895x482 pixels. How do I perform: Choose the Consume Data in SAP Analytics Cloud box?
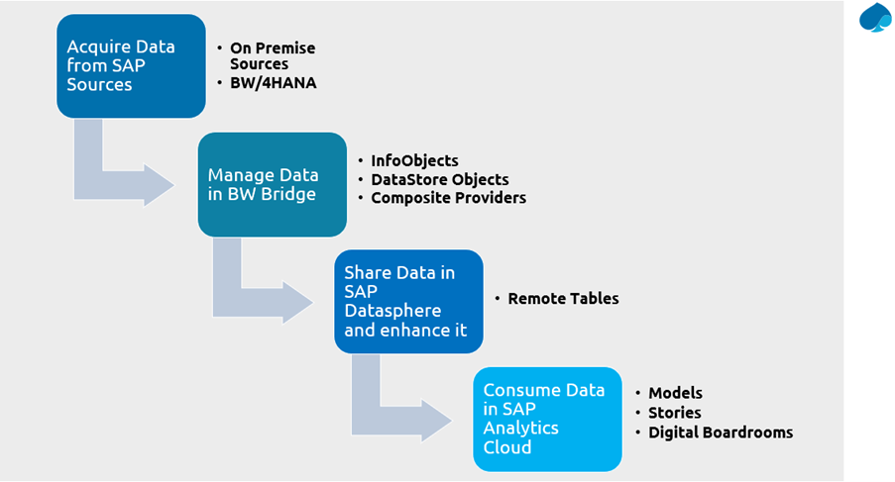tap(547, 419)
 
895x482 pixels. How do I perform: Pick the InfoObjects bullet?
tap(414, 160)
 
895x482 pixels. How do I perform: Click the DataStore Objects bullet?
tap(439, 179)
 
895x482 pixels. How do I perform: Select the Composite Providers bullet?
tap(448, 198)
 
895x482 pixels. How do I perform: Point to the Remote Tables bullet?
tap(563, 298)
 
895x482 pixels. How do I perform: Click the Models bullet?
tap(676, 393)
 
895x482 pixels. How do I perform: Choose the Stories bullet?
tap(675, 413)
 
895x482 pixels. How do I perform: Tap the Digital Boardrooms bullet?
tap(721, 433)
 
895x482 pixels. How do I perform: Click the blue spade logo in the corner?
tap(875, 18)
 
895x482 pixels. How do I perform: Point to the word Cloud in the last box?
tap(506, 447)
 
